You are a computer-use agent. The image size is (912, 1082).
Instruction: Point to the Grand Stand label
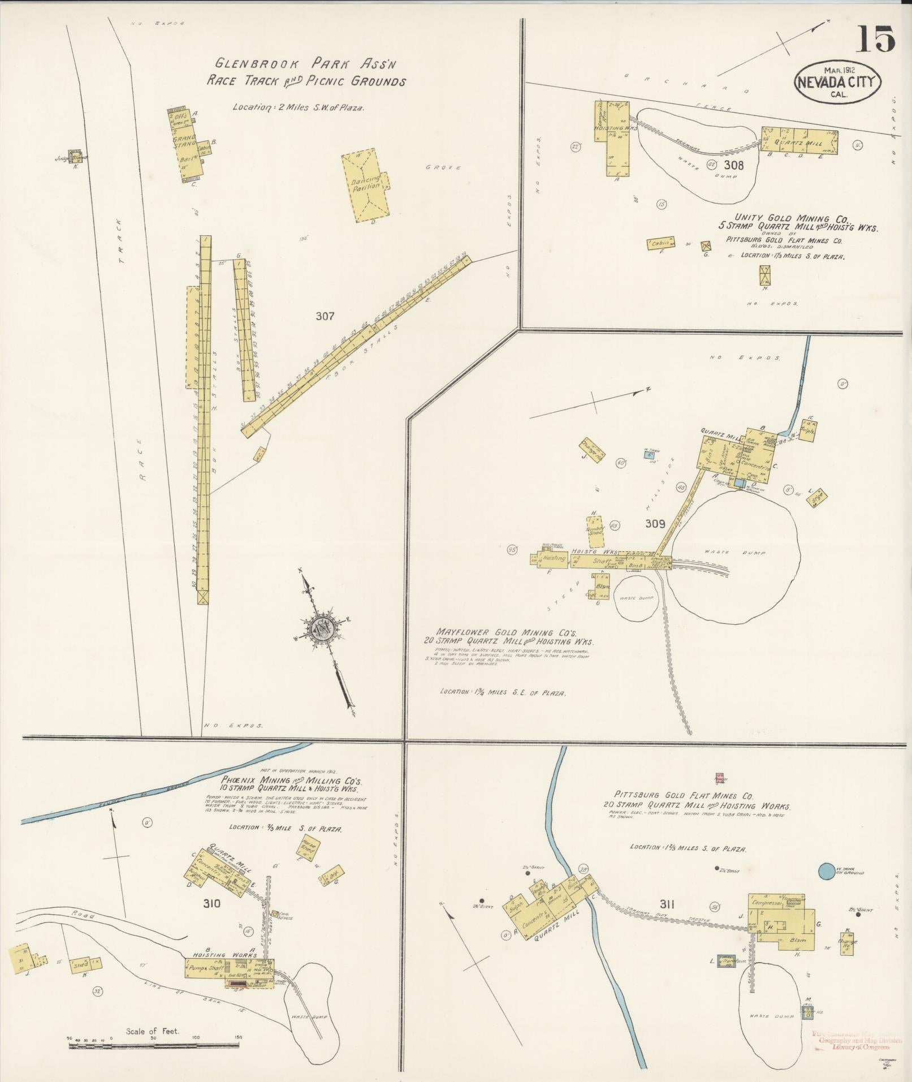(184, 141)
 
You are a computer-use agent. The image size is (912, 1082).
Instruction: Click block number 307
(325, 316)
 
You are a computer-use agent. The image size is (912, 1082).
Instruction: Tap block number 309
(655, 524)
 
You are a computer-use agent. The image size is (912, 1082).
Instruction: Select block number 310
(212, 904)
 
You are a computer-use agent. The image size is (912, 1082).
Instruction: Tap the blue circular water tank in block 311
(827, 886)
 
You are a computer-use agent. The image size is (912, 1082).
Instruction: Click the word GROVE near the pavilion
(444, 167)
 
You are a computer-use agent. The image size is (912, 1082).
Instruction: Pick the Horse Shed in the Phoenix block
(308, 848)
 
